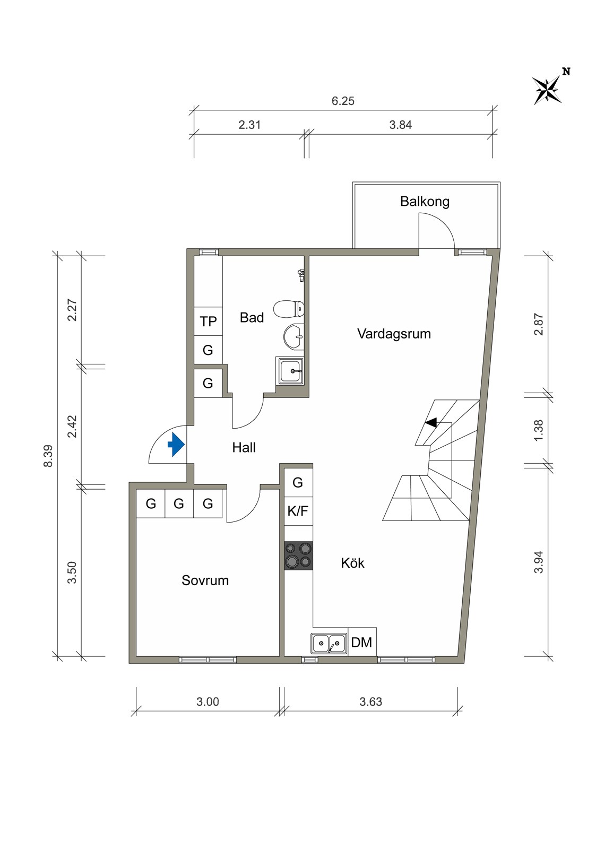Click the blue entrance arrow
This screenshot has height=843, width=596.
point(176,445)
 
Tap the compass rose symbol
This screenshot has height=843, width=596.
point(547,90)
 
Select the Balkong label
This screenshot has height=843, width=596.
point(425,202)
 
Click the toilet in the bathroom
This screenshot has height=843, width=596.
point(289,309)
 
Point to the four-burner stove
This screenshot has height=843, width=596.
point(299,555)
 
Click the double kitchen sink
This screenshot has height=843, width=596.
point(329,643)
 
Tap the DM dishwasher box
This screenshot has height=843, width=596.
point(362,642)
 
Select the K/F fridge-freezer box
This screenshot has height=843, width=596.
point(298,511)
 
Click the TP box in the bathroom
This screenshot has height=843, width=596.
point(208,321)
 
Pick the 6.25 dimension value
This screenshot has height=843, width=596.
point(343,101)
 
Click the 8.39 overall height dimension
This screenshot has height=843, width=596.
point(48,456)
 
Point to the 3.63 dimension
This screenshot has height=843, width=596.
point(371,702)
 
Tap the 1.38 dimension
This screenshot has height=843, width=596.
point(539,431)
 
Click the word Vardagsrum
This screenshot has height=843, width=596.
point(394,334)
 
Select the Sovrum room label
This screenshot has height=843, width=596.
point(205,580)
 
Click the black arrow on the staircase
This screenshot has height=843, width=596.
point(431,423)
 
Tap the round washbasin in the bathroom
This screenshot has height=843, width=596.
point(293,336)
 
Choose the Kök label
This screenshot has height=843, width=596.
point(353,563)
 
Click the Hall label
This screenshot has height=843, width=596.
point(244,447)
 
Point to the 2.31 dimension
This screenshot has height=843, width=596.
point(249,125)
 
